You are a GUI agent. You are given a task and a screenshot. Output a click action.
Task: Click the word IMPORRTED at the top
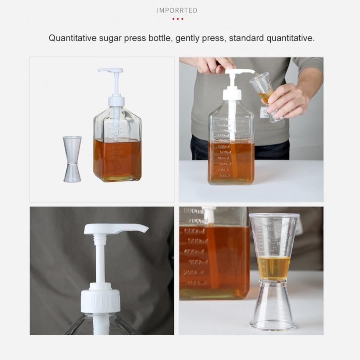(x=177, y=10)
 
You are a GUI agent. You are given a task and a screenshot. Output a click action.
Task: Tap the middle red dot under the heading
(x=177, y=19)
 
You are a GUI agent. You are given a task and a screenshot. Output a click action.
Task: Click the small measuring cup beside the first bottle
(x=72, y=159)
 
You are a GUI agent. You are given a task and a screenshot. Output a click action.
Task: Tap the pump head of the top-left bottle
(x=110, y=71)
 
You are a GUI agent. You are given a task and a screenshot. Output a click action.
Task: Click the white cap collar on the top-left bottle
(x=116, y=100)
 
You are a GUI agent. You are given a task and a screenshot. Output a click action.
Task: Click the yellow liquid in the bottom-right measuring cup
(x=274, y=267)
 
